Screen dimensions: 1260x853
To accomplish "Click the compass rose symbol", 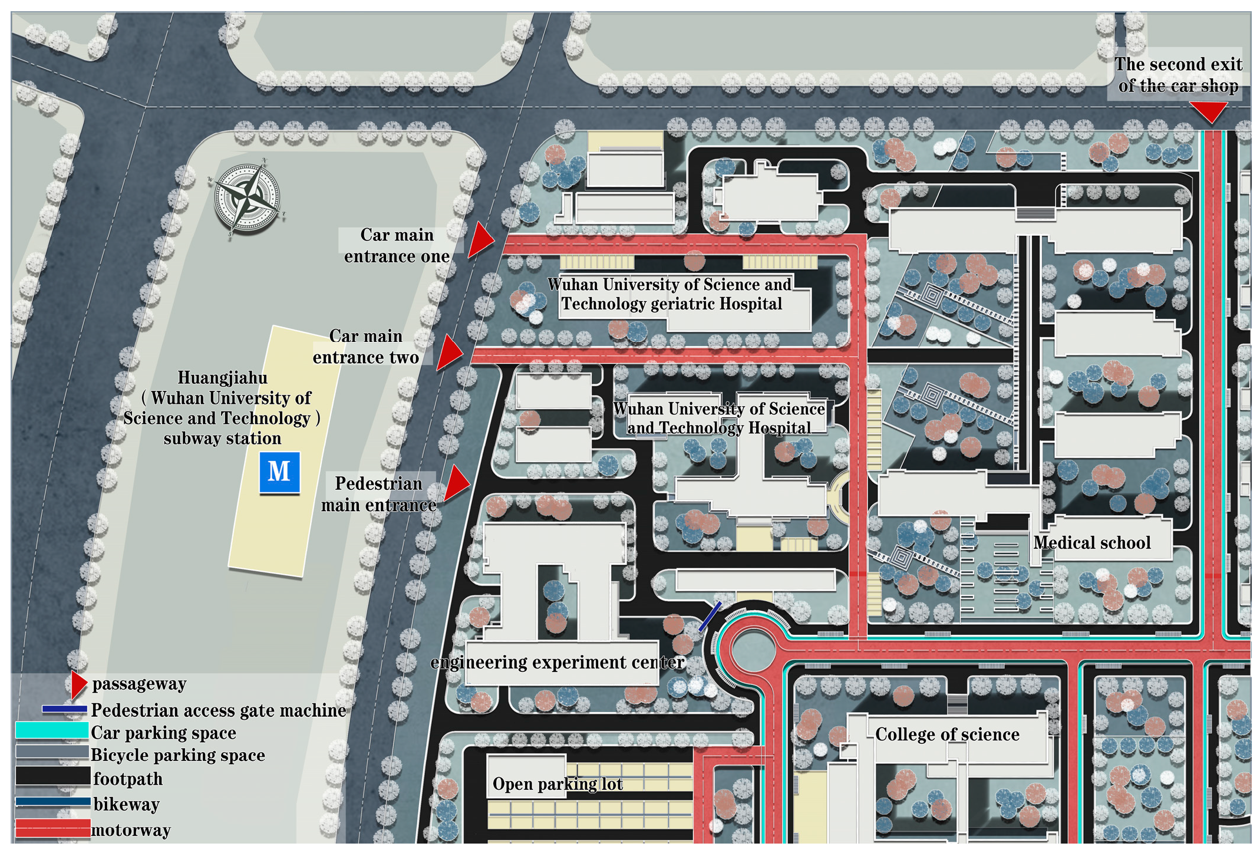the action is [x=246, y=199].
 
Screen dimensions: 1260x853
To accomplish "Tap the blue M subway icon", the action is [x=279, y=472].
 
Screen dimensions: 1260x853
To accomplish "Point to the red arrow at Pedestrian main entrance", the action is [x=457, y=483].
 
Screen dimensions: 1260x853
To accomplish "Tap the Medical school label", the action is [x=1092, y=542].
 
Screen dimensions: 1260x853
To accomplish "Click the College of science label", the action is [x=947, y=734].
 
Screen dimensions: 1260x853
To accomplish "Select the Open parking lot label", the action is [x=558, y=784].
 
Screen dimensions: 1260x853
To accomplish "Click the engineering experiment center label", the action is [x=558, y=663].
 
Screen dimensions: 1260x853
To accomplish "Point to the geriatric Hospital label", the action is [x=671, y=294].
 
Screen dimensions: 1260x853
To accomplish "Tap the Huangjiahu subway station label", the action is [x=222, y=408].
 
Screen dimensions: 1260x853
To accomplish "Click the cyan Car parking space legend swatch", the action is [x=52, y=731].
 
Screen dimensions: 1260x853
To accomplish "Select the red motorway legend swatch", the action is [x=53, y=828].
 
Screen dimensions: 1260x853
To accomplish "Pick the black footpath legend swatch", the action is [x=53, y=776].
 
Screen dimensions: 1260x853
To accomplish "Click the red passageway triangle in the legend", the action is [x=79, y=684].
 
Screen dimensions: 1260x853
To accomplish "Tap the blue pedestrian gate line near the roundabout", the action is [x=710, y=617].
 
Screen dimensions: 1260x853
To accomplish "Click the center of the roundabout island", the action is [x=753, y=649].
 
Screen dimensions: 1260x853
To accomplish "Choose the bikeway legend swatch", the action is [x=53, y=802].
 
